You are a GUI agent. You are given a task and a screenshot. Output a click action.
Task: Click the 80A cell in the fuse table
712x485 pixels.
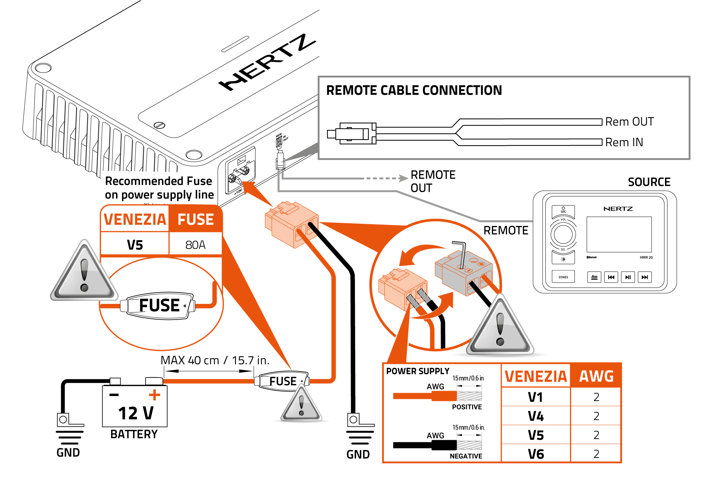[195, 245]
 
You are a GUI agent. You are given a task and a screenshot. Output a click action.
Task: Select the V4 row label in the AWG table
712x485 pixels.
[535, 416]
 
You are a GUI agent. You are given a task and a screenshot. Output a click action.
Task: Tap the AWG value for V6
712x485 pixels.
[596, 454]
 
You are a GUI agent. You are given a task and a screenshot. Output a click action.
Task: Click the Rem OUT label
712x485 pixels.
[629, 122]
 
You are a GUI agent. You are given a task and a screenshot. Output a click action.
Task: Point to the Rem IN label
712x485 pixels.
[624, 142]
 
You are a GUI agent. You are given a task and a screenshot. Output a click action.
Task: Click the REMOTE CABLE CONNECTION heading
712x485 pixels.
[414, 90]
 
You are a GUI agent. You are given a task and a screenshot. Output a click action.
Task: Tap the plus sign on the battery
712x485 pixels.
[155, 395]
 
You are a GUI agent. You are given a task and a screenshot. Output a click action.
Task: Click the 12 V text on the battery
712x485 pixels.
[136, 413]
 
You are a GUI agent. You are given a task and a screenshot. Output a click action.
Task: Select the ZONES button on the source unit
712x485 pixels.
[563, 277]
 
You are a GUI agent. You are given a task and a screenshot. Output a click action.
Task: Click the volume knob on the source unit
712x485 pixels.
[563, 234]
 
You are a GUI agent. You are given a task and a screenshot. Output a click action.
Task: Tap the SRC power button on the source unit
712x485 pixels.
[563, 210]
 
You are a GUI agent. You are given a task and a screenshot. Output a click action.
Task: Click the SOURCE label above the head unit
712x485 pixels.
[649, 182]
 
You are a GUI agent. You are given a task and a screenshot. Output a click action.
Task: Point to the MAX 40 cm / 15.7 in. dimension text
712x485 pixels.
[215, 360]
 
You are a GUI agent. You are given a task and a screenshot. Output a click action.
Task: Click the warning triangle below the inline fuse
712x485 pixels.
[301, 406]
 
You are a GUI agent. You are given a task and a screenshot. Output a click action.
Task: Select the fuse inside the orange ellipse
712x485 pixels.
[158, 306]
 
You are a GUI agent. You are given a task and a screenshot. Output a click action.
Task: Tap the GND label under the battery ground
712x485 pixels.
[68, 453]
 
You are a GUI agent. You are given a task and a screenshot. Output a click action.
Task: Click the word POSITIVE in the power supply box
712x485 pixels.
[467, 407]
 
